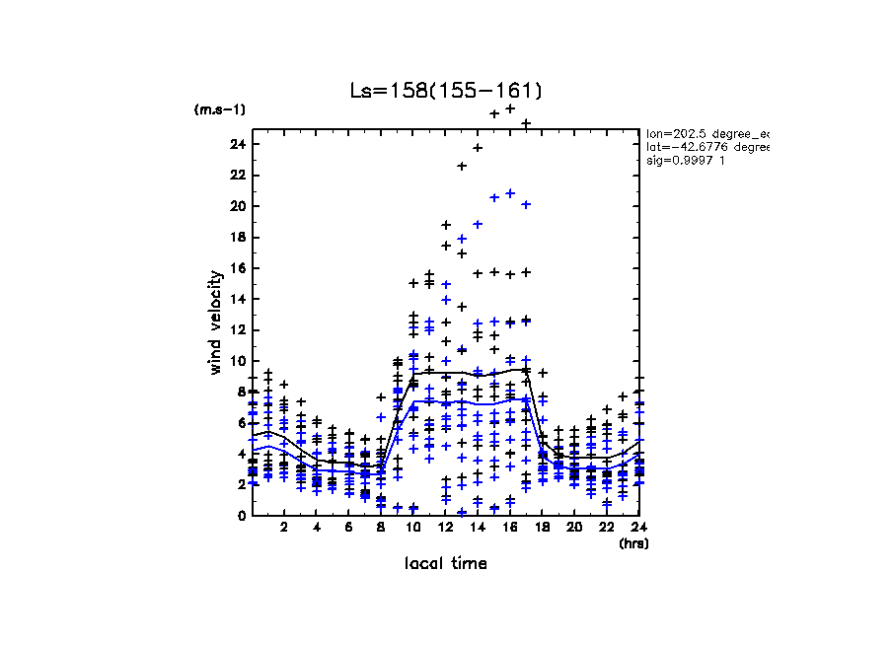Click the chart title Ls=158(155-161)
pos(446,91)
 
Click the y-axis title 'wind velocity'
pos(215,322)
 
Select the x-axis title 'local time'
pos(446,563)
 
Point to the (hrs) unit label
pos(633,542)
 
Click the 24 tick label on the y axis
pos(237,144)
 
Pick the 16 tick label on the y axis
pos(237,268)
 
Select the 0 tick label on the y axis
pos(241,516)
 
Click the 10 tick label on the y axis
pos(237,361)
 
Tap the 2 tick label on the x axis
pos(284,528)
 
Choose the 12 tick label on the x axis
pos(446,528)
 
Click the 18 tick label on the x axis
pos(543,528)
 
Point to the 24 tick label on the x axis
pos(639,528)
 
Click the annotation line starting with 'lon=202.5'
pos(706,132)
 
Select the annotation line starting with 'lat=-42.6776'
pos(706,146)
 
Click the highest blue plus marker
pos(510,193)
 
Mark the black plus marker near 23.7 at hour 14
pos(478,148)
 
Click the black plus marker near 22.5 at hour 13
pos(462,166)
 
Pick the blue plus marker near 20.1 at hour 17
pos(526,204)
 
